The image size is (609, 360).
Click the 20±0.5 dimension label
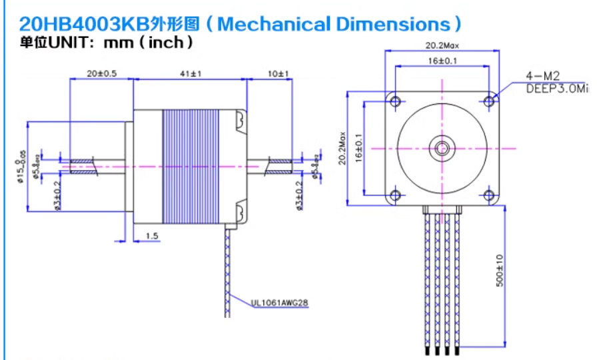(101, 73)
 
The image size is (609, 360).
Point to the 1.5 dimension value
(151, 236)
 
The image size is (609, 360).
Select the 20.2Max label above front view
(442, 46)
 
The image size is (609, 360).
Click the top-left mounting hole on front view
(395, 101)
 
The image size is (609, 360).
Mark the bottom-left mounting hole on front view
(395, 195)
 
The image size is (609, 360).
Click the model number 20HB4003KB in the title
(75, 25)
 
